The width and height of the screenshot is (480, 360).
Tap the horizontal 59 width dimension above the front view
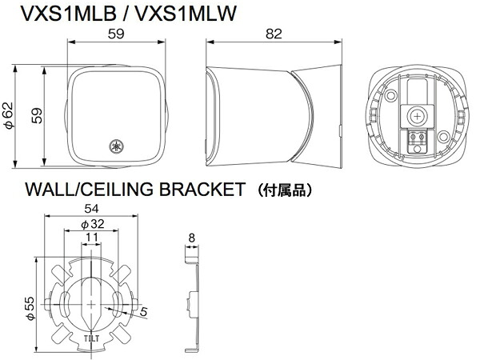pyautogui.click(x=116, y=34)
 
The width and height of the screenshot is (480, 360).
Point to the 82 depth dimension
pyautogui.click(x=273, y=34)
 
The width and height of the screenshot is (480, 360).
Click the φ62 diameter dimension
pyautogui.click(x=10, y=117)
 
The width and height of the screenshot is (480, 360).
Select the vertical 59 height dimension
pyautogui.click(x=36, y=117)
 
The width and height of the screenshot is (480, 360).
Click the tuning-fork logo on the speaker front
pyautogui.click(x=117, y=146)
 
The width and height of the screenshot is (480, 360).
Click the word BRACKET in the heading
pyautogui.click(x=202, y=190)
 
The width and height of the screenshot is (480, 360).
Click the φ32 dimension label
pyautogui.click(x=92, y=224)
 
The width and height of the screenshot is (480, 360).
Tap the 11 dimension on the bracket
pyautogui.click(x=92, y=238)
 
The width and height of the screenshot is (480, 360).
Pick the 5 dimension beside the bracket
pyautogui.click(x=144, y=313)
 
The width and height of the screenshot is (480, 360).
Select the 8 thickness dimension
pyautogui.click(x=190, y=238)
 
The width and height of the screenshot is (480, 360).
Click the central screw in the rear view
pyautogui.click(x=415, y=116)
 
